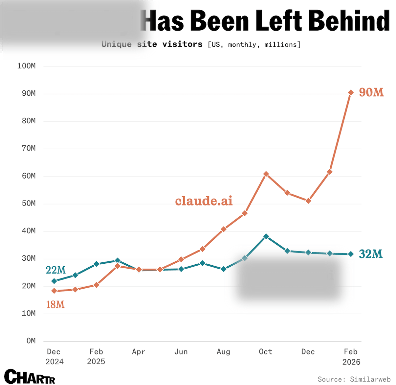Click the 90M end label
point(371,92)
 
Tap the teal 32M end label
point(371,254)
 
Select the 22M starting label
point(55,270)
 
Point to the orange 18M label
point(55,305)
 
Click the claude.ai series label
point(204,201)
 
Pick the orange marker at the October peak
point(266,174)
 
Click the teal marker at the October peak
point(266,236)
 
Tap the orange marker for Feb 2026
point(351,93)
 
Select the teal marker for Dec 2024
point(54,281)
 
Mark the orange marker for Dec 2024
point(54,291)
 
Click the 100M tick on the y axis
point(27,66)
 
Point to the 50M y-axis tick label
point(29,204)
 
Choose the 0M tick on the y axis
point(31,341)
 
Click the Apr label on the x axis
point(139,352)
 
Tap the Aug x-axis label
point(223,352)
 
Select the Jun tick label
point(181,352)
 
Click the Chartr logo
point(30,377)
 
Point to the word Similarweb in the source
point(370,379)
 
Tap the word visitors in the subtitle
point(182,44)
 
